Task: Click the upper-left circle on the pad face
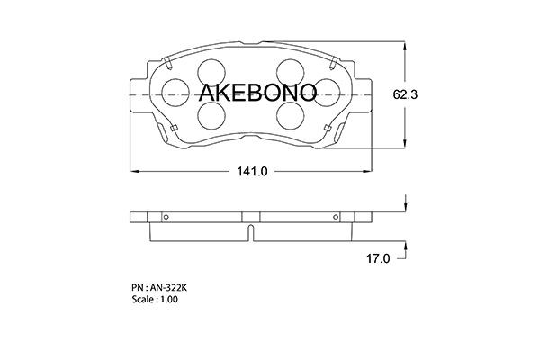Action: (x=211, y=72)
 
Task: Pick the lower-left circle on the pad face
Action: (x=211, y=113)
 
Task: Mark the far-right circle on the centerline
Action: (x=324, y=92)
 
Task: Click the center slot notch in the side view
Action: (x=249, y=232)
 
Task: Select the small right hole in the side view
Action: (x=337, y=216)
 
